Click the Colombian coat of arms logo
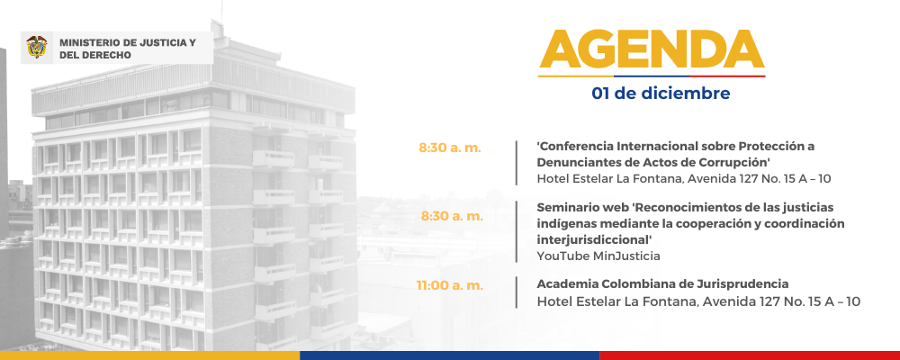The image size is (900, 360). (37, 47)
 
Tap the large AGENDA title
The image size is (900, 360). (652, 49)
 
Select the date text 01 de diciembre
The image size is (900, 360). (661, 93)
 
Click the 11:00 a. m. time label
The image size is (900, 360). (450, 284)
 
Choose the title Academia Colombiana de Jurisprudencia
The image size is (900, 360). (662, 283)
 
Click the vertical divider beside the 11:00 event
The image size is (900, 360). (516, 292)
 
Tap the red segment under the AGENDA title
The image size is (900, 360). (727, 76)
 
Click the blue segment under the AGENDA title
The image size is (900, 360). (652, 76)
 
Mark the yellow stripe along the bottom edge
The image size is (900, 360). (149, 355)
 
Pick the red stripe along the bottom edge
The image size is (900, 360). (750, 355)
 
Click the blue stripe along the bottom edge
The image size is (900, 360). (450, 355)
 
